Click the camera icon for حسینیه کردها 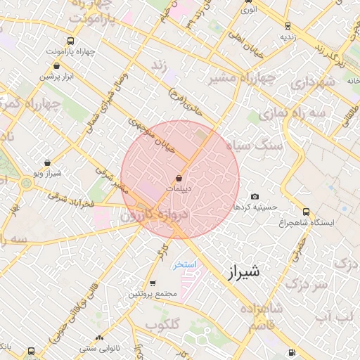click(x=255, y=196)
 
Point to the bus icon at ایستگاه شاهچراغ click(x=305, y=211)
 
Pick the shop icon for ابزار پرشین click(x=56, y=66)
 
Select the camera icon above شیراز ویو click(x=37, y=161)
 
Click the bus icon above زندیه click(x=285, y=24)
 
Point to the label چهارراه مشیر click(x=241, y=78)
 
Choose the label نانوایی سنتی click(x=99, y=347)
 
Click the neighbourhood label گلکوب click(x=162, y=325)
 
